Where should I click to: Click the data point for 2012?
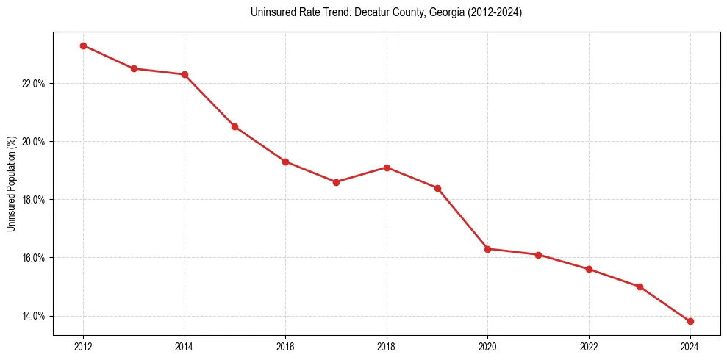click(x=83, y=46)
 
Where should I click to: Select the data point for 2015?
click(x=234, y=126)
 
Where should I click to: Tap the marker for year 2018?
click(x=387, y=168)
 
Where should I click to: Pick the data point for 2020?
click(x=488, y=249)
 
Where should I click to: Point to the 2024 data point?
click(x=690, y=322)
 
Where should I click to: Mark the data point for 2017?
click(x=336, y=182)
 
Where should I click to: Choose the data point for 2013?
click(x=134, y=68)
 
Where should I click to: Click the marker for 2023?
click(x=640, y=287)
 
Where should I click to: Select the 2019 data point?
click(x=437, y=188)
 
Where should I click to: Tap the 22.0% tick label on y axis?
click(x=34, y=83)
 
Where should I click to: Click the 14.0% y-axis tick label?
click(x=34, y=316)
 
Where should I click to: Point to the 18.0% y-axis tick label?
click(x=34, y=200)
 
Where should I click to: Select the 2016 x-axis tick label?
click(x=285, y=346)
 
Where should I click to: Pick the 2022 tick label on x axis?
click(x=589, y=346)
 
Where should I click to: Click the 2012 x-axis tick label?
click(x=83, y=346)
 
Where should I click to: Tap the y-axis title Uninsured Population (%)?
click(x=11, y=184)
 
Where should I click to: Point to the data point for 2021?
click(x=538, y=255)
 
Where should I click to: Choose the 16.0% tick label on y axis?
click(x=34, y=258)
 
